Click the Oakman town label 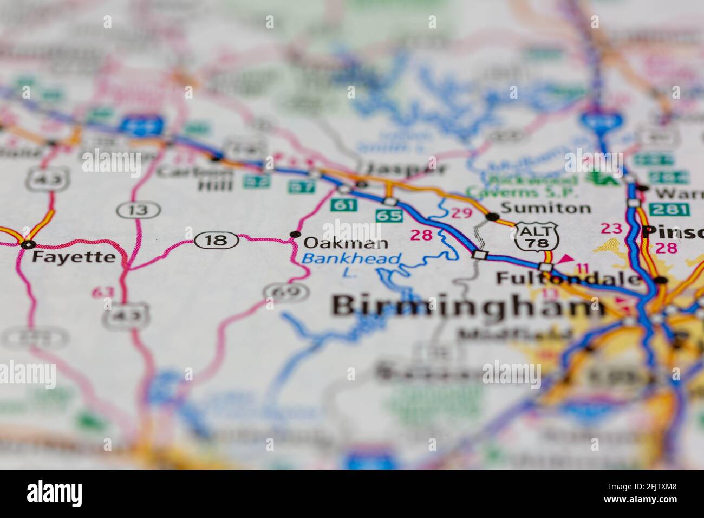coord(346,243)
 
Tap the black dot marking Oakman coord(295,234)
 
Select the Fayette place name coord(73,257)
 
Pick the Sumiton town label coord(545,208)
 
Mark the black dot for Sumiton coord(492,217)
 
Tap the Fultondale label coord(569,279)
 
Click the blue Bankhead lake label coord(352,259)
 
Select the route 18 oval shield coord(217,239)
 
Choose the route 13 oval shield coord(139,209)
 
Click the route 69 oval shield coord(286,293)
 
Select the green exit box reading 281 coord(669,209)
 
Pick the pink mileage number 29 coord(462,213)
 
